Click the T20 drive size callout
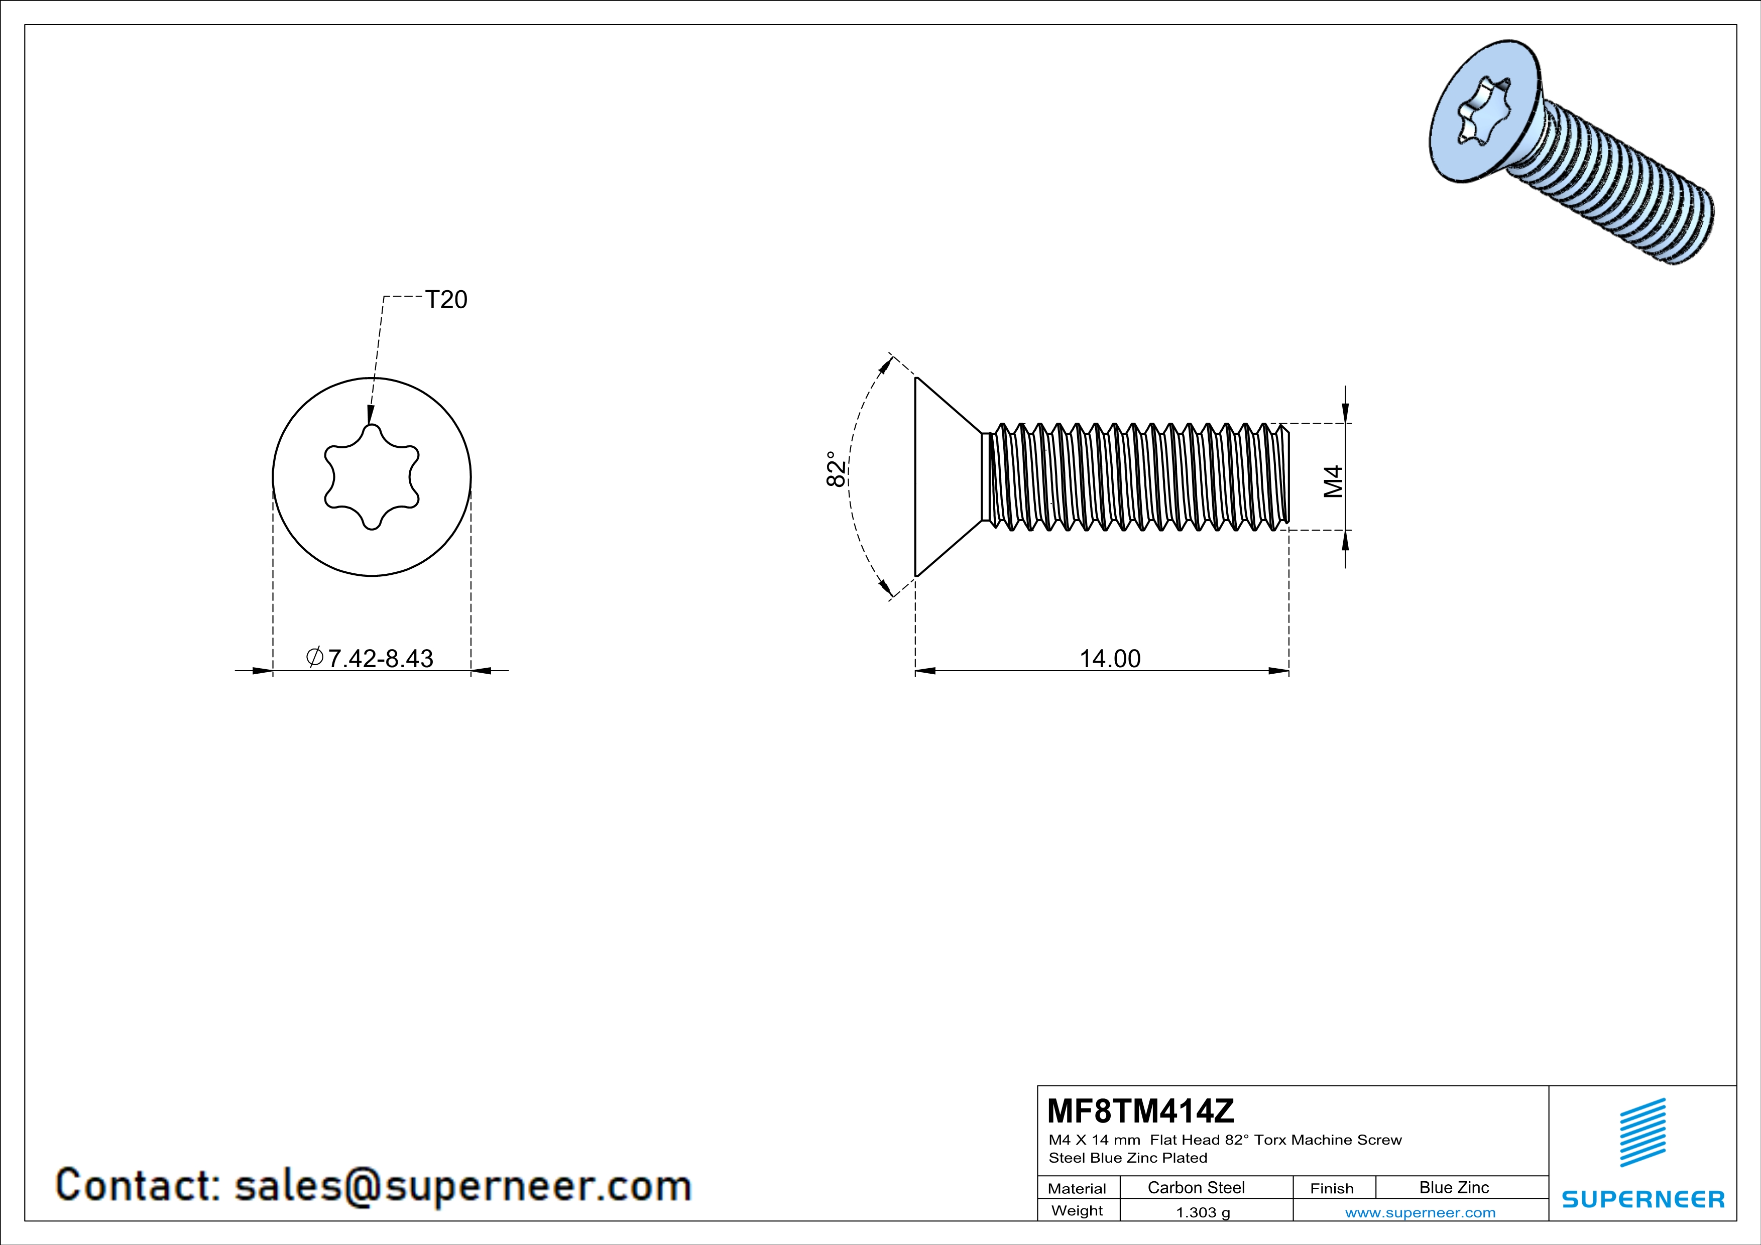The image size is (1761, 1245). [x=445, y=300]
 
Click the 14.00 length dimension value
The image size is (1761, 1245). [x=1109, y=659]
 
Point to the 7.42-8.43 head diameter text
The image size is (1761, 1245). [x=380, y=659]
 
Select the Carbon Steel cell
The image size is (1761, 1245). [x=1196, y=1187]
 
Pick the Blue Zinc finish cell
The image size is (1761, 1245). [x=1453, y=1187]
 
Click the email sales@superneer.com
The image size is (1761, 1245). [x=462, y=1185]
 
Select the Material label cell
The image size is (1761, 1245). [x=1077, y=1188]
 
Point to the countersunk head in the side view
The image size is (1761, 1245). [x=944, y=477]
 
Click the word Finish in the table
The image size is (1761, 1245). [x=1332, y=1188]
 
